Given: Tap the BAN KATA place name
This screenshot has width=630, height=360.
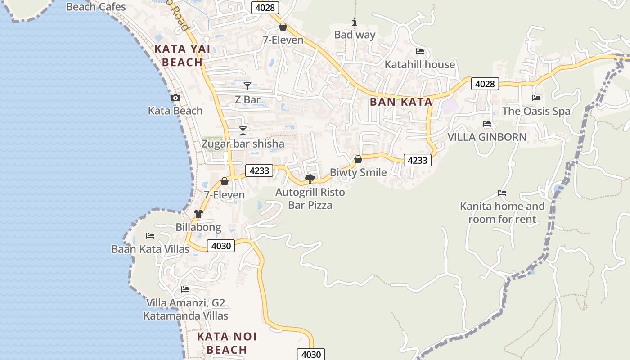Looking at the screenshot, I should [401, 102].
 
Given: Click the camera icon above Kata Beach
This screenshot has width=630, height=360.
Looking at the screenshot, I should [175, 98].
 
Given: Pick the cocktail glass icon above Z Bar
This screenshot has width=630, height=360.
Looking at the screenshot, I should [247, 86].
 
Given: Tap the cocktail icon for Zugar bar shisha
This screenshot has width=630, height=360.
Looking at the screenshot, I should [243, 130].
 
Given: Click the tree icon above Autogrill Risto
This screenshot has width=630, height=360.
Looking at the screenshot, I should [310, 179].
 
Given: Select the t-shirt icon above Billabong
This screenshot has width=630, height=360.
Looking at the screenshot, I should [198, 214].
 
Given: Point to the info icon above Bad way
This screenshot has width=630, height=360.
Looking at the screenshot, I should [355, 22].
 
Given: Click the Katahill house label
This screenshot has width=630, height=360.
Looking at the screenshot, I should [420, 65].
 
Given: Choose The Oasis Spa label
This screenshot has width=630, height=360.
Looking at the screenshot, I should [536, 111].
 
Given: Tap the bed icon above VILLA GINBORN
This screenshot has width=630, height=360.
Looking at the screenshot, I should [487, 124].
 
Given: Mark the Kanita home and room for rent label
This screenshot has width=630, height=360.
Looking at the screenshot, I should [502, 213].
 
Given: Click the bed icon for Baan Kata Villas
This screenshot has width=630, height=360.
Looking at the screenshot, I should [150, 236].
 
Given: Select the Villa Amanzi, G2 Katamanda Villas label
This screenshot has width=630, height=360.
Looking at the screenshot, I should [186, 309].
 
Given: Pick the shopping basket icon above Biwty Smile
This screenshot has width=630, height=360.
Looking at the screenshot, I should [358, 159].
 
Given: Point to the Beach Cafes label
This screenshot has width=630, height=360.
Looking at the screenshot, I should [96, 7].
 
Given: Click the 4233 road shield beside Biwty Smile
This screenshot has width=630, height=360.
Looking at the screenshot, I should [418, 160].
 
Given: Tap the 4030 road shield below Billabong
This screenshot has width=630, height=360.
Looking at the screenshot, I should [221, 246].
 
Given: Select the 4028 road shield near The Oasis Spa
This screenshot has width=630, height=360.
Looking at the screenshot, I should [485, 84].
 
